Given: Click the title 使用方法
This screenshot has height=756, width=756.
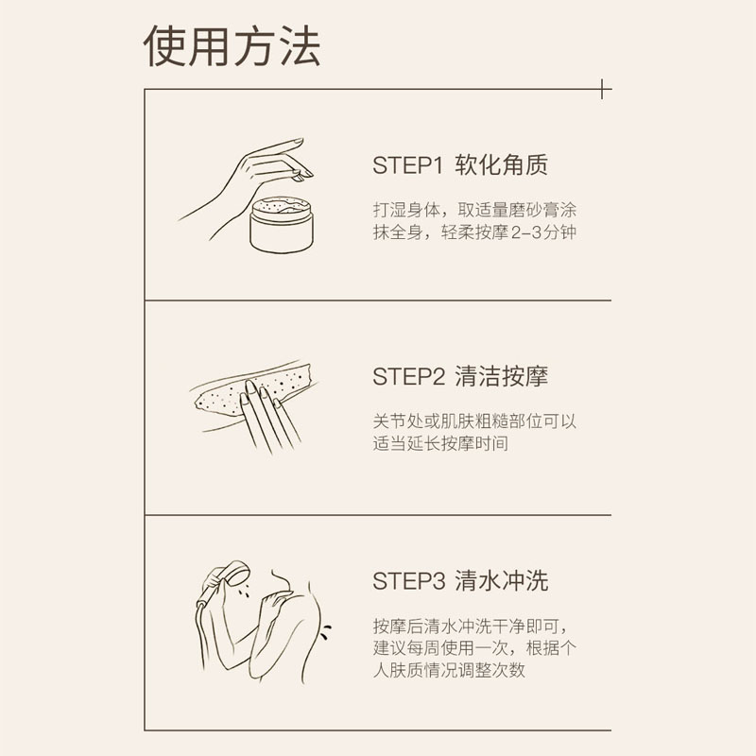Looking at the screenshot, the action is (x=232, y=46).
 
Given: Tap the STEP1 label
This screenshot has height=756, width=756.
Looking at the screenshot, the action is (x=407, y=165).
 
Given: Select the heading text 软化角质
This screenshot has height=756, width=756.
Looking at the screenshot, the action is (x=502, y=164).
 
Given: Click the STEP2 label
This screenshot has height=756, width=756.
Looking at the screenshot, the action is (x=409, y=376).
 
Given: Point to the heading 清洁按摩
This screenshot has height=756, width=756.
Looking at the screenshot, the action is (x=502, y=376).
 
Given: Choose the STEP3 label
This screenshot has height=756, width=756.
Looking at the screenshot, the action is (x=409, y=581).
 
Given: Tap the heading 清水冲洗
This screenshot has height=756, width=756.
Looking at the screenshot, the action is (x=502, y=580).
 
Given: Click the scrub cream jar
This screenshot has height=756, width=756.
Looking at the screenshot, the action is (x=282, y=225).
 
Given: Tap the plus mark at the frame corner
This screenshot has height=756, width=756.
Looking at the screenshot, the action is (x=603, y=89).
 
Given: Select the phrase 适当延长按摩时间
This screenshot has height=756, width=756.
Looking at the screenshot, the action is (x=440, y=443).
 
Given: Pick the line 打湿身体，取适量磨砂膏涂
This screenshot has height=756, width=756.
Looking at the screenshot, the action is (x=475, y=210).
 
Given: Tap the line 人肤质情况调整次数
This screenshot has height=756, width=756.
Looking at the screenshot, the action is (x=449, y=670).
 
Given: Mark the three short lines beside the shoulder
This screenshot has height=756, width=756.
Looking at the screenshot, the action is (x=325, y=631).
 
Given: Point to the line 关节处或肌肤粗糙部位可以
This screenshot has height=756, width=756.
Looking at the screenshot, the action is (x=475, y=421).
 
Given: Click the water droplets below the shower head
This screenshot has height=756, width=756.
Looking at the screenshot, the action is (x=244, y=592).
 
